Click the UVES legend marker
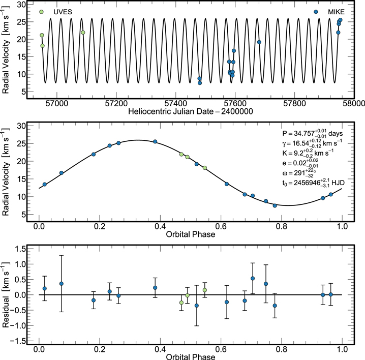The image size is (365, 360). (x=41, y=12)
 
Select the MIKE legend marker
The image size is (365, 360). (x=316, y=12)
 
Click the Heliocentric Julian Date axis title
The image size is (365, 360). (x=191, y=111)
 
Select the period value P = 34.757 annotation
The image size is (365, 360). (x=313, y=133)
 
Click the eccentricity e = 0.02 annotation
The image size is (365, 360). (x=300, y=163)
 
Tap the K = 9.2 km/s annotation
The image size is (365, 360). (x=308, y=153)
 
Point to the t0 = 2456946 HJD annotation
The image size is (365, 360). (x=313, y=183)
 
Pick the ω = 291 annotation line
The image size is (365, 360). (x=299, y=173)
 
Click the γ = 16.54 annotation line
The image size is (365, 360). (x=312, y=143)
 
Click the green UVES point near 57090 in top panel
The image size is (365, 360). (x=83, y=33)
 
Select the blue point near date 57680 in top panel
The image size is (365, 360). (x=259, y=42)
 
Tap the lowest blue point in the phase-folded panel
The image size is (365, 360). (x=275, y=205)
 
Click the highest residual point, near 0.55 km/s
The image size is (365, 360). (x=253, y=278)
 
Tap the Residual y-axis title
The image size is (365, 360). (x=6, y=295)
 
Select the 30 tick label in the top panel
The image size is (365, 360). (x=21, y=4)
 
